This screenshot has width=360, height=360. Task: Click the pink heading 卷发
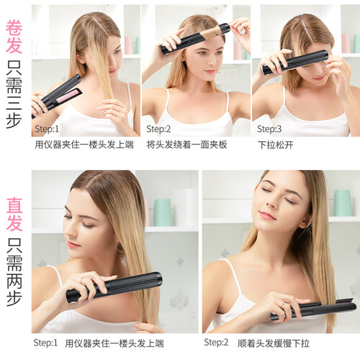(14, 37)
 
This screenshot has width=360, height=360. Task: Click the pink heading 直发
(14, 215)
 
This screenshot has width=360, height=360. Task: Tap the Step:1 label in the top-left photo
(47, 129)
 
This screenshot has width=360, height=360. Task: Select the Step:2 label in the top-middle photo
(158, 129)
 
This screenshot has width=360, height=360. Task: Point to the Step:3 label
(269, 129)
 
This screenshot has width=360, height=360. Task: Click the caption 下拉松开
(276, 145)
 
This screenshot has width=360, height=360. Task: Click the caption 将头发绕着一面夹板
(186, 145)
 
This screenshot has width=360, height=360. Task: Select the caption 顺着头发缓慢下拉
(274, 343)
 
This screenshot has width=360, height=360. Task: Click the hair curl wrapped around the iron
(211, 33)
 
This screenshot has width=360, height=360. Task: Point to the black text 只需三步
(14, 94)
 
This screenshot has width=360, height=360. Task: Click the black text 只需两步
(14, 272)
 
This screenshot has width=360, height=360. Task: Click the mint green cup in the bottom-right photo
(343, 203)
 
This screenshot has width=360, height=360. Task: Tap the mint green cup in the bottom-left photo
(163, 212)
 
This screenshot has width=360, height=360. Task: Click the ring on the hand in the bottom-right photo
(283, 304)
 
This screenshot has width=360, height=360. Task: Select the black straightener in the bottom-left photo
(114, 287)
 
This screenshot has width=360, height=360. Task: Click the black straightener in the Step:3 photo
(295, 62)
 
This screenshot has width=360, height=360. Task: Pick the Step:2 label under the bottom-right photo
(216, 343)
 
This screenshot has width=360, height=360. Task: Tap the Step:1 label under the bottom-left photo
(45, 343)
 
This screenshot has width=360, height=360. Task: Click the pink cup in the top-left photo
(128, 45)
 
